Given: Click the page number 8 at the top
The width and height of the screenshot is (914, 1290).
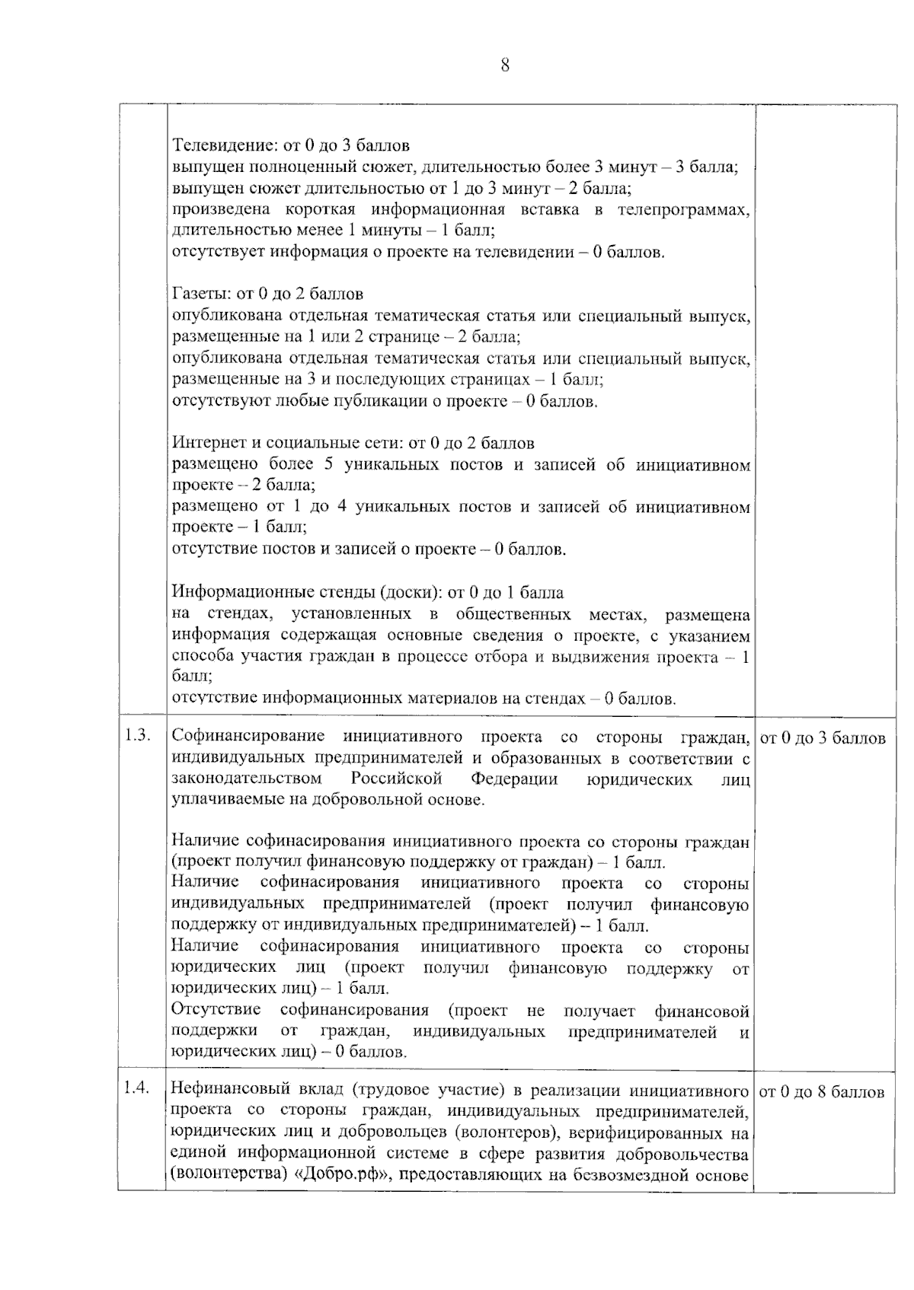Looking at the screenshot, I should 505,65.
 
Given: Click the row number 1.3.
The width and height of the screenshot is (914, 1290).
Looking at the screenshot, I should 137,737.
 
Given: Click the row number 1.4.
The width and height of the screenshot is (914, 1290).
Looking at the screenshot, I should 137,1088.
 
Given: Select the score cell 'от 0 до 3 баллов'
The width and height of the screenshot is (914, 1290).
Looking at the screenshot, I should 823,738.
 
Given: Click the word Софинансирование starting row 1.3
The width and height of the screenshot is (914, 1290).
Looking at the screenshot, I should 248,737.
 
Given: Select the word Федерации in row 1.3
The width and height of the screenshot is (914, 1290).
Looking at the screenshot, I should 514,779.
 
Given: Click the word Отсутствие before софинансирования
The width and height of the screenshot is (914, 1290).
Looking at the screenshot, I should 216,1011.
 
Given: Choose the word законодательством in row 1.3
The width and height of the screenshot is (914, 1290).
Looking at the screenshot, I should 246,779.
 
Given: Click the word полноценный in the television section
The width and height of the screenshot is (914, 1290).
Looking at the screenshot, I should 308,167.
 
